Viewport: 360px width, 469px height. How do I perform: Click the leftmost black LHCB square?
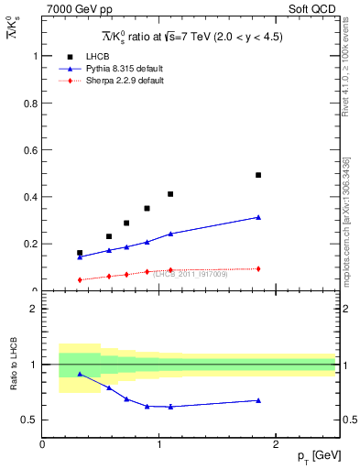pyautogui.click(x=80, y=253)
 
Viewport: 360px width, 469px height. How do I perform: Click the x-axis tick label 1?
pyautogui.click(x=159, y=444)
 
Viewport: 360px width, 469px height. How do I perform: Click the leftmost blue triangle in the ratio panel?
pyautogui.click(x=80, y=374)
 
